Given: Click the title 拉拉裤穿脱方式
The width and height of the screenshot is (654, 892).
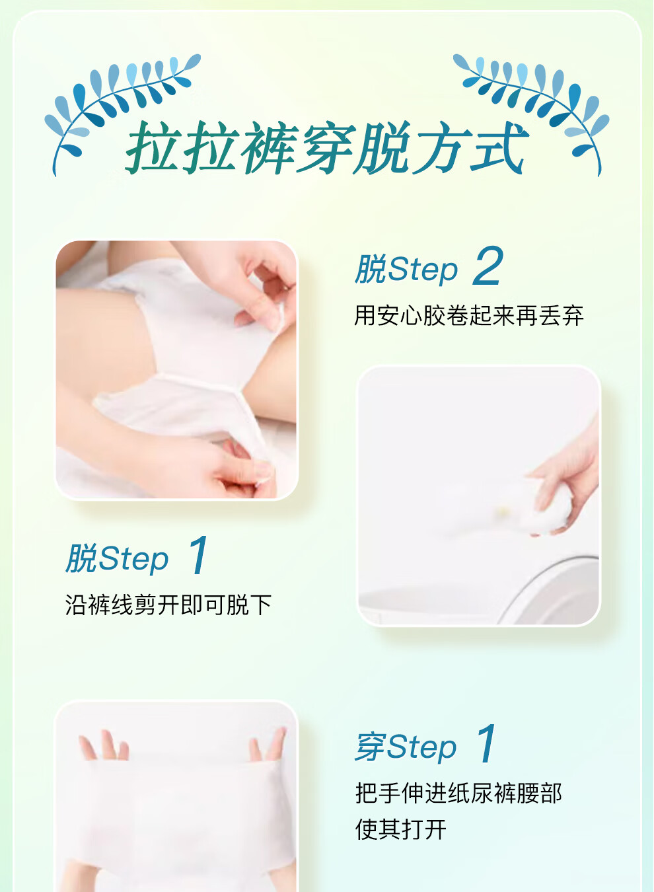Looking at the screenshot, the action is click(x=327, y=147).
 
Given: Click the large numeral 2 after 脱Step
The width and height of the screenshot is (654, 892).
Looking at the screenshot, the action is click(x=488, y=266).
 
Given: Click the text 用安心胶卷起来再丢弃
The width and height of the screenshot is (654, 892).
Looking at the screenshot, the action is click(x=469, y=316).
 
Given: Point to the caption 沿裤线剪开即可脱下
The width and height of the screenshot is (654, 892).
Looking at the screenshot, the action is click(x=168, y=605).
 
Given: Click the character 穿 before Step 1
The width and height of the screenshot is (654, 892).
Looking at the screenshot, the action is click(x=370, y=746).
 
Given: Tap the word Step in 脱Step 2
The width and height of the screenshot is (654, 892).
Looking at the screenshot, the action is click(x=423, y=270).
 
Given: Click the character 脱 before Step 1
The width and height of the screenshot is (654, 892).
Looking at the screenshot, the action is click(x=82, y=558).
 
